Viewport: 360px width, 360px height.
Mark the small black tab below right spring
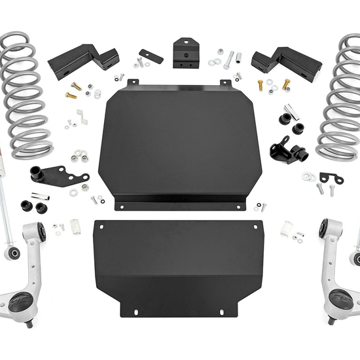click(x=330, y=178)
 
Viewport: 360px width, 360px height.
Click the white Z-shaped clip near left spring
click(x=82, y=116)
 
